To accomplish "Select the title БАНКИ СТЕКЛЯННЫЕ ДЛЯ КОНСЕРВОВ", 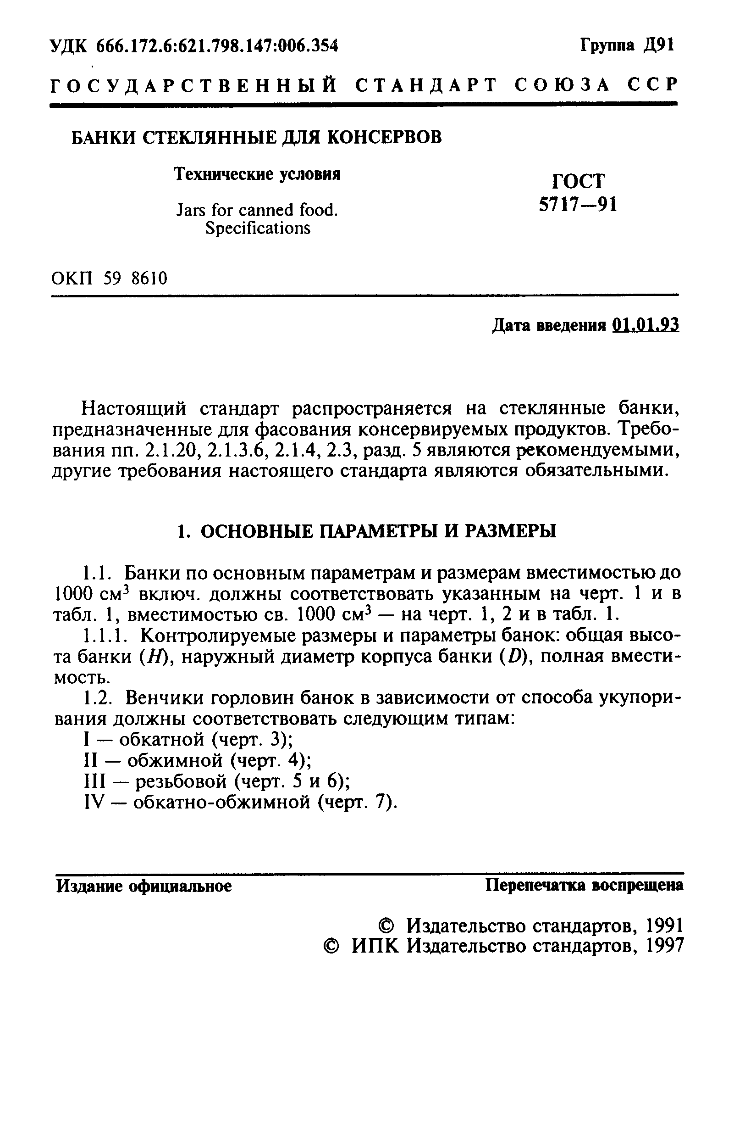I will pos(256,138).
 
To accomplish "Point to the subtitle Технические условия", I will pos(258,174).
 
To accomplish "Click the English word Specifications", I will pos(258,229).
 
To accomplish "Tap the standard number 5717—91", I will pos(578,205).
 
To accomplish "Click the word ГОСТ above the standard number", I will pos(579,181).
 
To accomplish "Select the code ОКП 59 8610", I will pos(109,278).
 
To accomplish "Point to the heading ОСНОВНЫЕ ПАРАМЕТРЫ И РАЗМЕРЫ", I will pos(366,531).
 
